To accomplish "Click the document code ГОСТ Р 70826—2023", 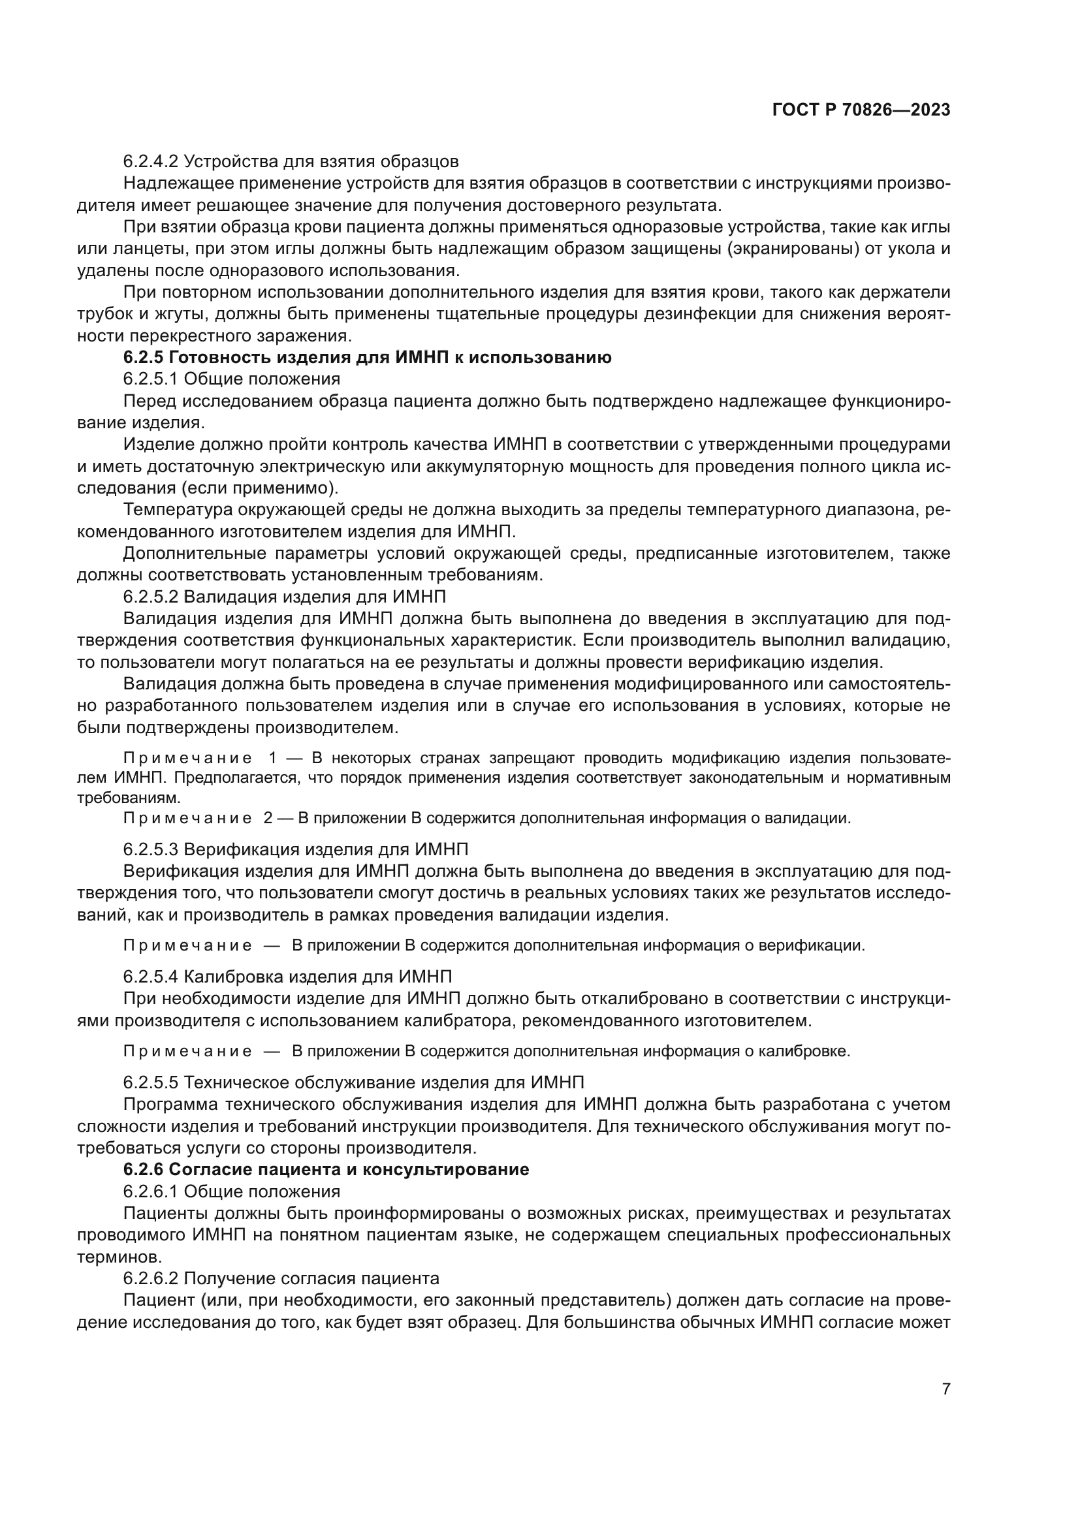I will tap(861, 110).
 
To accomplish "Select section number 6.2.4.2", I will tap(150, 161).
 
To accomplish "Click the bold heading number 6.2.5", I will tap(142, 357).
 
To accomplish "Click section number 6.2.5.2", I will tap(150, 596).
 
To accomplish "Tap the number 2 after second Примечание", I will tap(267, 818).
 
